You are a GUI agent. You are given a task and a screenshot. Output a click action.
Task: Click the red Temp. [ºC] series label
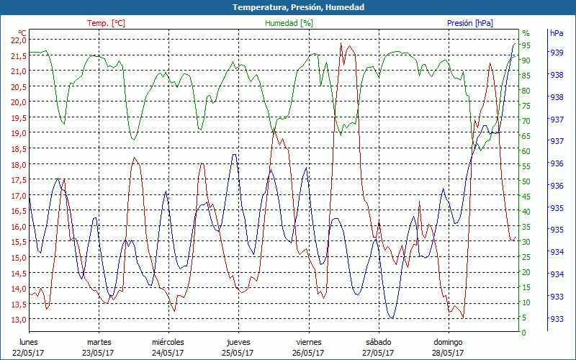point(106,23)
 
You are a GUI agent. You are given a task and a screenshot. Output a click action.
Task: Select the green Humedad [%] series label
point(289,23)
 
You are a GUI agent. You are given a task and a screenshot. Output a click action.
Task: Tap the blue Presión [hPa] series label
point(470,23)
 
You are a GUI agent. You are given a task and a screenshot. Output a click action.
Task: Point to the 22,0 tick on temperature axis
point(16,40)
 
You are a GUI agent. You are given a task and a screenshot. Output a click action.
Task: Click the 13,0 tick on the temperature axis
point(16,319)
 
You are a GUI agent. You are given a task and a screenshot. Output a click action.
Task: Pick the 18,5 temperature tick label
point(16,148)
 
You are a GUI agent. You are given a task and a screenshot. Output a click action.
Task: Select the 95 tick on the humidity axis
point(526,45)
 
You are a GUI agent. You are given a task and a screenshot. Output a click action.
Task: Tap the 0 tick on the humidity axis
point(524,333)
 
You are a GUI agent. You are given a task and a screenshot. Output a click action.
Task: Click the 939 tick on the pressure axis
point(557,53)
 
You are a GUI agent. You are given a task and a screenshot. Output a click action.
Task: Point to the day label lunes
point(28,342)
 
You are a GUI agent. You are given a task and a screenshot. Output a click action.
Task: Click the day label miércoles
point(168,342)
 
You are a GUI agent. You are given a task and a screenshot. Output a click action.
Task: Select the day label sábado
point(377,342)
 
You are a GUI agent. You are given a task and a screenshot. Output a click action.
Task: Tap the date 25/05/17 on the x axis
point(238,353)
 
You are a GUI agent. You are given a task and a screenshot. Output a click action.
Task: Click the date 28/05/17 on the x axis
point(448,353)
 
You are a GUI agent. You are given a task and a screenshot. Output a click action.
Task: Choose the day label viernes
point(308,342)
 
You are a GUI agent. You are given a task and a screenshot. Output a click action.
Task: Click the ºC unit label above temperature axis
point(22,33)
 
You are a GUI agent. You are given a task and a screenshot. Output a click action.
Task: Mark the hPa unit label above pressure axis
point(557,33)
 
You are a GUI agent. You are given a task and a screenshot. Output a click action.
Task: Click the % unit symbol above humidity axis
point(526,33)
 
